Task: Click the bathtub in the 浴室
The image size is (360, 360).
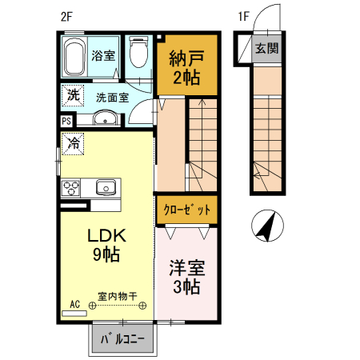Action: tap(74, 57)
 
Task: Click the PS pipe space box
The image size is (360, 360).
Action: tap(66, 121)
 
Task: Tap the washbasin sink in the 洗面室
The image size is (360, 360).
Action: tap(106, 120)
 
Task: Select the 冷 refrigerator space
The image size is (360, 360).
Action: tap(73, 145)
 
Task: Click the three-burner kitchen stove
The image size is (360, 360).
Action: tap(72, 189)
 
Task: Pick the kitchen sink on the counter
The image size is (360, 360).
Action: tap(106, 188)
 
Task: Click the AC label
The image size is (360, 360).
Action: tap(74, 304)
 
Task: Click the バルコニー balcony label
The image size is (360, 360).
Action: tap(122, 338)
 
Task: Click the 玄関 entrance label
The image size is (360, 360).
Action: tap(267, 49)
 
